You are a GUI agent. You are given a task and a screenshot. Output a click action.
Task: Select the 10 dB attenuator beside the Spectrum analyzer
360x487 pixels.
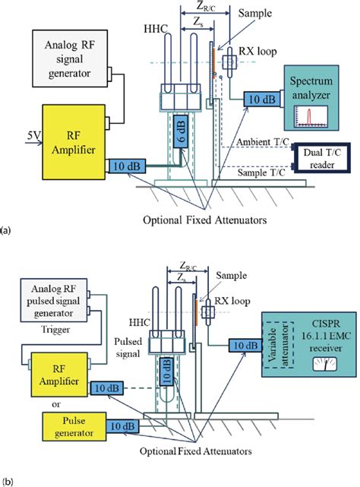261,99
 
